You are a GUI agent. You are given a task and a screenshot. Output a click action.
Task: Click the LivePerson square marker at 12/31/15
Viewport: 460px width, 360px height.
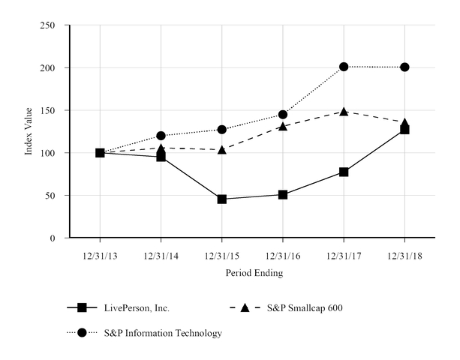tap(222, 199)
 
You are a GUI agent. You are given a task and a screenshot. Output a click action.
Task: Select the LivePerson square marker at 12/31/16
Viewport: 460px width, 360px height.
tap(283, 194)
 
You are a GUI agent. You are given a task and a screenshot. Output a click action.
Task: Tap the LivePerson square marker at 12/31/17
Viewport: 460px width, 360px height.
tap(344, 172)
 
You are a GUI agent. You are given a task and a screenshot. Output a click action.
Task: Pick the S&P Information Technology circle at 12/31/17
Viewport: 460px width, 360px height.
tap(344, 67)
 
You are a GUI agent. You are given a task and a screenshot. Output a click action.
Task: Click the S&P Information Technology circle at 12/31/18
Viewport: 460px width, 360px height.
tap(405, 67)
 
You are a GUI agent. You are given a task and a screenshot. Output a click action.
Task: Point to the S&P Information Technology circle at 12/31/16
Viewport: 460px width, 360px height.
tap(283, 115)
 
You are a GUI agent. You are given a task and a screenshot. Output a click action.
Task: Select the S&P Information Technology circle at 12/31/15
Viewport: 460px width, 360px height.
tap(222, 130)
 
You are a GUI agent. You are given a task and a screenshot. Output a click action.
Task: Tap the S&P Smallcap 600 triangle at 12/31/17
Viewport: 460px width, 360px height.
tap(344, 112)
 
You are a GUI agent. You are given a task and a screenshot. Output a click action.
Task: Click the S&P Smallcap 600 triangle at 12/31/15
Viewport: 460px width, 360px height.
tap(222, 149)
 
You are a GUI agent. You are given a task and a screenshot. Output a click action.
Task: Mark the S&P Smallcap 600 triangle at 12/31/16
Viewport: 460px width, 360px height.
tap(283, 126)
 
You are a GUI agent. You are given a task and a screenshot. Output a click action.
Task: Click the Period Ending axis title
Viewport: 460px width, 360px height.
tap(254, 274)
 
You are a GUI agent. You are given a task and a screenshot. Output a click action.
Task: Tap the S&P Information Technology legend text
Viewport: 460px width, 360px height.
tap(163, 333)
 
